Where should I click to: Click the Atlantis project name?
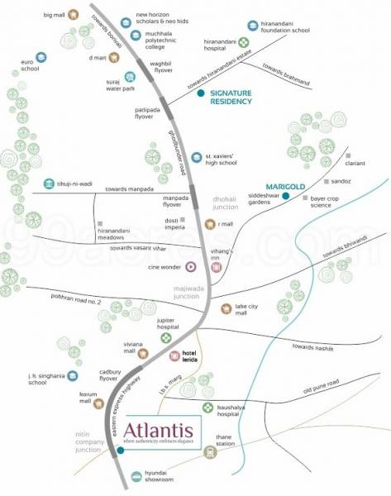159,431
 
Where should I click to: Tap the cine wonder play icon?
191,266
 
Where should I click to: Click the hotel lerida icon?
175,355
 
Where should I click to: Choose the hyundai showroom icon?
136,476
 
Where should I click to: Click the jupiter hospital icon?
167,337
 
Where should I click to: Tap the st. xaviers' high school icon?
197,157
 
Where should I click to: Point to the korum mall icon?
99,403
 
